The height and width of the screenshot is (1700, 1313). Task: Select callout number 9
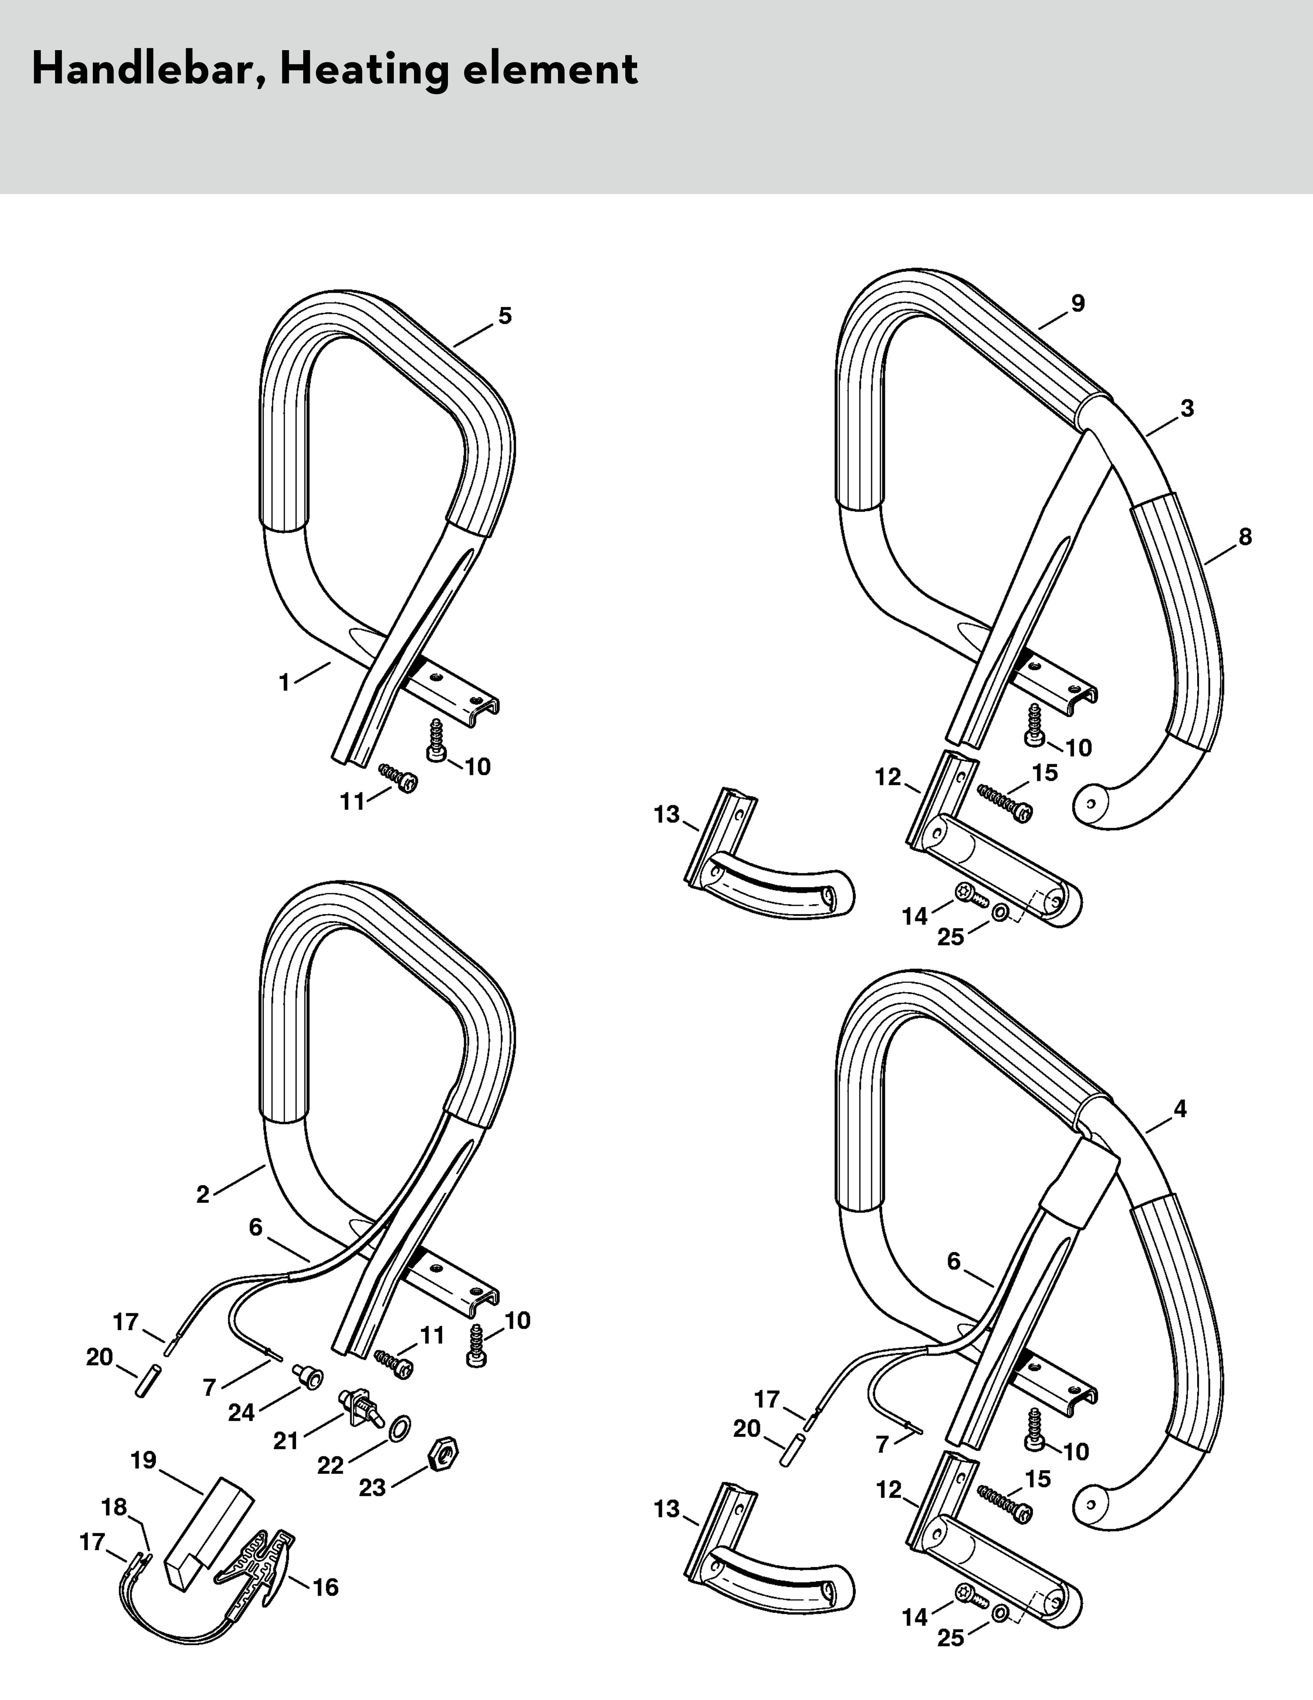(x=1077, y=304)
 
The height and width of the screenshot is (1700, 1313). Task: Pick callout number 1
(x=284, y=683)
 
